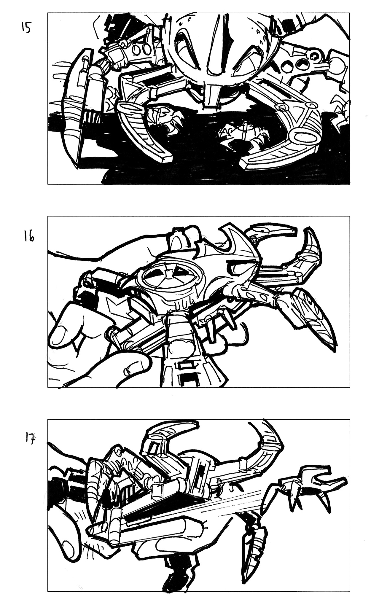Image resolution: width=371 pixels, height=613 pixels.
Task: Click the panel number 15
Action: coord(26,28)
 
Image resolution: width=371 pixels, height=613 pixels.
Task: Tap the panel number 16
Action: coord(28,238)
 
